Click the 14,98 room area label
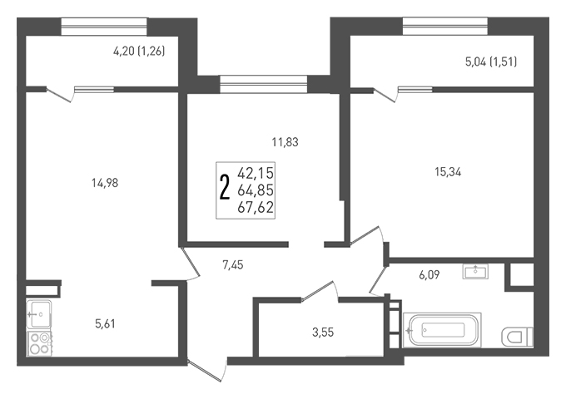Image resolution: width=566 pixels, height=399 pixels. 105,183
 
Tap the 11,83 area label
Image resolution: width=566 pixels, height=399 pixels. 285,142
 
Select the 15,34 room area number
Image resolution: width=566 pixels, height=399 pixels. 448,172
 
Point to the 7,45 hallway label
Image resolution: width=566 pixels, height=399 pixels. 233,265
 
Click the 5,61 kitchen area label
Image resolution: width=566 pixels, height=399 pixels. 105,323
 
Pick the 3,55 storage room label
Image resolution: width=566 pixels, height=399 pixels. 323,332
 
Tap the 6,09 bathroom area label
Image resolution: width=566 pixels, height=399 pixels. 429,275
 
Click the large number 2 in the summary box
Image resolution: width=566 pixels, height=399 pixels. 225,187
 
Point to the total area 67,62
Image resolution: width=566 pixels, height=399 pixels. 256,207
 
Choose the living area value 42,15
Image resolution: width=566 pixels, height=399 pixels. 256,174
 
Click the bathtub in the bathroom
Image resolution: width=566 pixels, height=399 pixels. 442,330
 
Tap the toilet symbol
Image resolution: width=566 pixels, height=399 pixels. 517,337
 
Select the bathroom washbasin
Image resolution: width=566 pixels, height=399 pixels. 475,272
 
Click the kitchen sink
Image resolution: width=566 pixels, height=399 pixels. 39,313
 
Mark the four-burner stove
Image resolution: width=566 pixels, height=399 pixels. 39,343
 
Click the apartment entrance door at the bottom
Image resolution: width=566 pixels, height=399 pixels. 206,369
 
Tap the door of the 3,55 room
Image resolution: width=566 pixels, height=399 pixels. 320,290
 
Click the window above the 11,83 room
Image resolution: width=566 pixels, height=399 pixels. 264,84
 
